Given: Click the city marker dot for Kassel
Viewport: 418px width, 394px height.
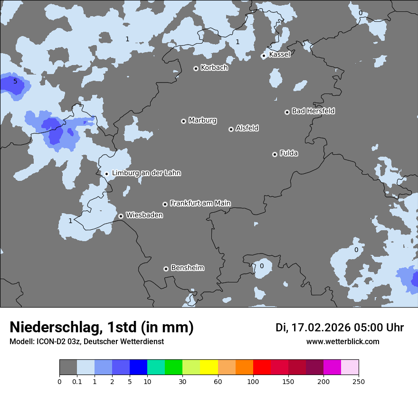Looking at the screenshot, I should (x=264, y=56).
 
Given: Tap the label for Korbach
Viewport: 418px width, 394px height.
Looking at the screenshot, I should (x=214, y=68).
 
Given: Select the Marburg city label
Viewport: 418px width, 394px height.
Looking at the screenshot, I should (x=202, y=121).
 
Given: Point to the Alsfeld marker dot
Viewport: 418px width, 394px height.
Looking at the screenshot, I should (x=231, y=129).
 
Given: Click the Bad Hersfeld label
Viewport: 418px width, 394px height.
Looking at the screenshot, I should (x=313, y=111).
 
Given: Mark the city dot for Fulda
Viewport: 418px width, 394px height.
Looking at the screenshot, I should (x=275, y=154).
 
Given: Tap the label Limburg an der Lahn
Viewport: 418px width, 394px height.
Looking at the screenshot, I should (x=146, y=173).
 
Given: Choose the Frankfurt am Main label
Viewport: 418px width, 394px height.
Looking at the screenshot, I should (x=200, y=203).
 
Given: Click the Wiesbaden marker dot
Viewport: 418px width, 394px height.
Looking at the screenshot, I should (x=121, y=216).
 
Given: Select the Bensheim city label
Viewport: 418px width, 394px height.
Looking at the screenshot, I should (x=187, y=268).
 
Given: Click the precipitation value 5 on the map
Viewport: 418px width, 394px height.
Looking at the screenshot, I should (x=15, y=82).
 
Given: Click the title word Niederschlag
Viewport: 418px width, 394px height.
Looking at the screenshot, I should (x=55, y=328).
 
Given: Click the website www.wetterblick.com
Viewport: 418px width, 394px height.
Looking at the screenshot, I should (x=342, y=342).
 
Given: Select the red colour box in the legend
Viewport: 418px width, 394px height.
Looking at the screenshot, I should (x=262, y=367).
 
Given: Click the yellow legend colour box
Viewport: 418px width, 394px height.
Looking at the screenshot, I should (x=209, y=367).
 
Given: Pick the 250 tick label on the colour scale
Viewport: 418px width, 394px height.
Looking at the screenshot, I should (x=359, y=381).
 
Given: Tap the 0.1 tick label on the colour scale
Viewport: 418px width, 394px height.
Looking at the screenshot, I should (x=77, y=381).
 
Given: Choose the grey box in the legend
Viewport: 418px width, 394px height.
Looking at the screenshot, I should (x=68, y=367).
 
